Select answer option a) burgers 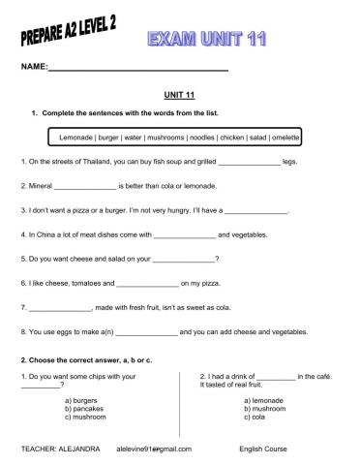tap(81, 400)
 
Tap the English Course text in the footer tap(264, 449)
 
